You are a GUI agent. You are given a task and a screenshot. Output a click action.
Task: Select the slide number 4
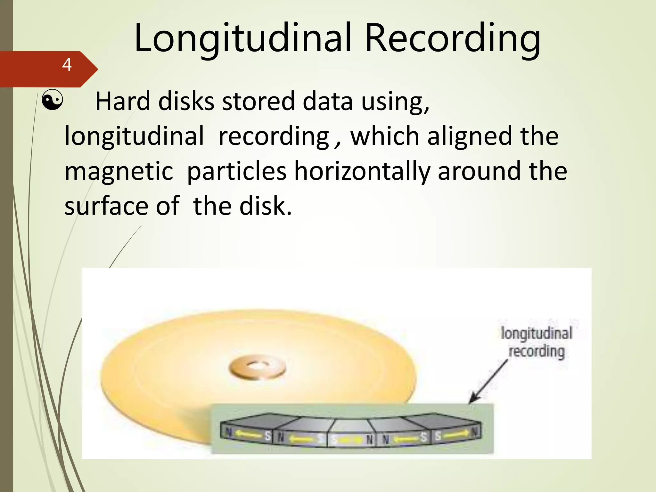[x=67, y=65]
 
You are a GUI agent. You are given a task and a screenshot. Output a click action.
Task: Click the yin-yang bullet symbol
[x=53, y=101]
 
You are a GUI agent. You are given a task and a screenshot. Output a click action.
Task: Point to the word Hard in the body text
[x=123, y=101]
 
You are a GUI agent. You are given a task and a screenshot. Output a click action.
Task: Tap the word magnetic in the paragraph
[x=119, y=171]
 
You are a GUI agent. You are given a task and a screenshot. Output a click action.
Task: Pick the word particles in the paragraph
[x=236, y=171]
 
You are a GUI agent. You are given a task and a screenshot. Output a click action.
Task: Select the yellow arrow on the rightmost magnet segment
[x=456, y=435]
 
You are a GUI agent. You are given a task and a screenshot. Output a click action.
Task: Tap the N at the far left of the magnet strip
[x=228, y=432]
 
